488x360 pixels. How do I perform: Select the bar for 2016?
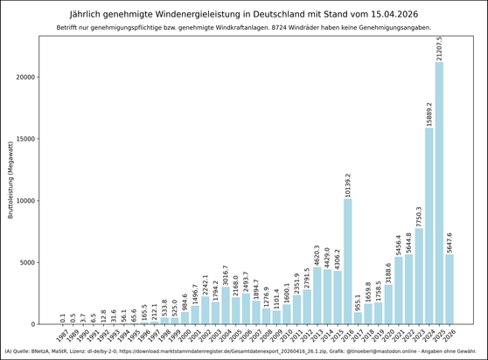point(348,261)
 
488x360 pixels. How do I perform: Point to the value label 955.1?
point(359,302)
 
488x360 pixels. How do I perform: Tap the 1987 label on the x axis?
point(61,336)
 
